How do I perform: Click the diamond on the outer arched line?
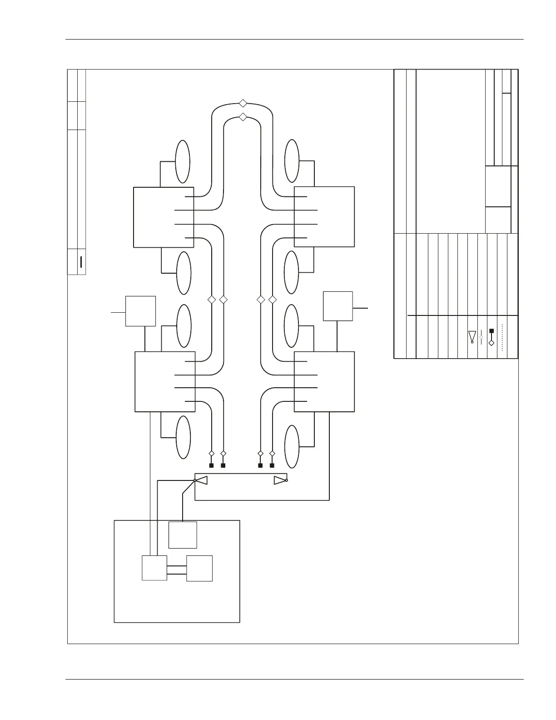(x=243, y=103)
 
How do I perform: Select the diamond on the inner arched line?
(x=243, y=117)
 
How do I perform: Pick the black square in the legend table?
(x=491, y=331)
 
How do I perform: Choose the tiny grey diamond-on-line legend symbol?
(x=481, y=337)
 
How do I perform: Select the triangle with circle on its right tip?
(x=281, y=480)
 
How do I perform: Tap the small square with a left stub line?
(x=140, y=311)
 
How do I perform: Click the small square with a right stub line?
(x=338, y=306)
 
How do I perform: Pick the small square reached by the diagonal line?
(x=183, y=535)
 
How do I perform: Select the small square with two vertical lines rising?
(x=154, y=568)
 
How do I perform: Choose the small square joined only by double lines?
(x=199, y=568)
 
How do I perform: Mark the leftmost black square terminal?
(x=211, y=465)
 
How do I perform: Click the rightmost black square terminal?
(x=272, y=465)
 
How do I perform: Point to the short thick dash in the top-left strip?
(x=81, y=262)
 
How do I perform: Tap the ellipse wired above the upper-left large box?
(x=183, y=162)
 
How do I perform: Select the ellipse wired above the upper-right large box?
(x=292, y=161)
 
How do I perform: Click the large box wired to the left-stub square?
(x=165, y=381)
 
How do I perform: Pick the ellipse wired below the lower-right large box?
(x=292, y=446)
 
